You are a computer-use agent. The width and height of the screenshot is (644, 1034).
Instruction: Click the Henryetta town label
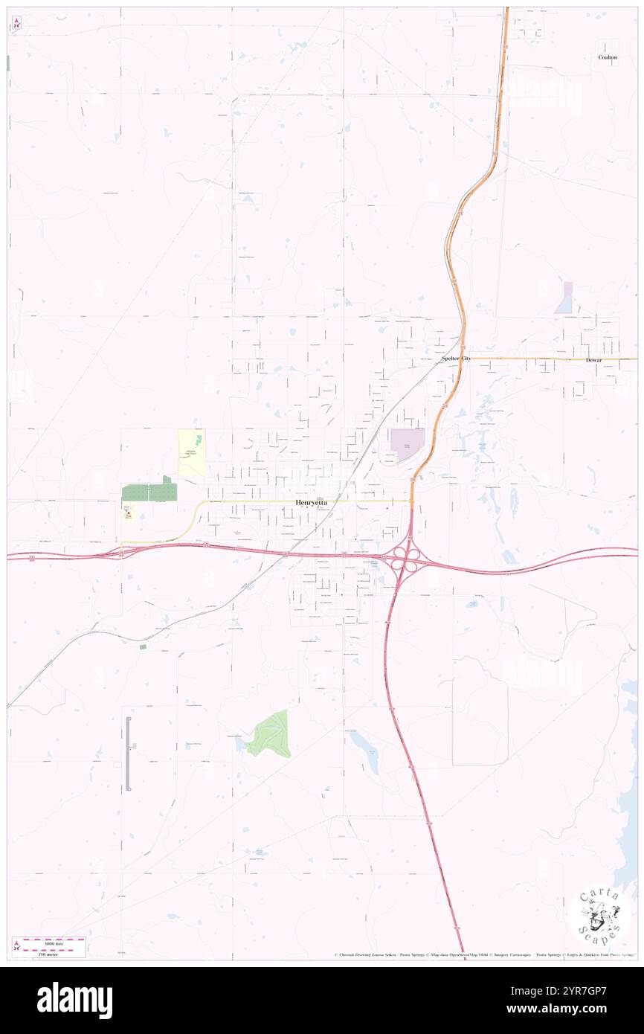point(310,502)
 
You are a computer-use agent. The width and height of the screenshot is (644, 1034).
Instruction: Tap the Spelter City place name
point(456,359)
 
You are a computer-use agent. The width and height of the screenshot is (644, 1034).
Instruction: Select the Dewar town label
point(593,360)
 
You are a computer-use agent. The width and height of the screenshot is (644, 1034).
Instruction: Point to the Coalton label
point(608,57)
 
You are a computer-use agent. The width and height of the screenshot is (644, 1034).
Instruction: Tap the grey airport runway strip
point(128,754)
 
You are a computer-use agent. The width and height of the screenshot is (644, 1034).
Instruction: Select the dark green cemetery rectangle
point(149,492)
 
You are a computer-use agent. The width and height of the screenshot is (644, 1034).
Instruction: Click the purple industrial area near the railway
point(407,444)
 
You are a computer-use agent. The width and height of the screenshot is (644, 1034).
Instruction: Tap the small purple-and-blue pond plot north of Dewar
point(565,298)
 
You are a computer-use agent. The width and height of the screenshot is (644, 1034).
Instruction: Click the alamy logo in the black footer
point(74,1000)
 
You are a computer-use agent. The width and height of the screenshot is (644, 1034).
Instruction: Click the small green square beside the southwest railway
point(143,647)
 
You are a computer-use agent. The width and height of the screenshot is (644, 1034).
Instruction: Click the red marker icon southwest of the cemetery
point(129,514)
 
